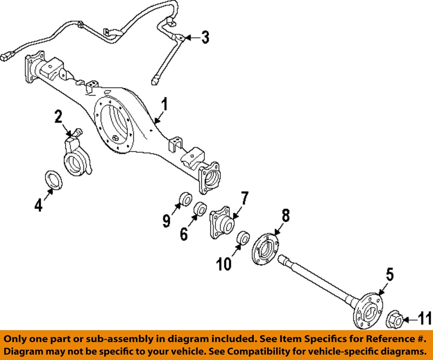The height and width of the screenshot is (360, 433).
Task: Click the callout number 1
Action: pyautogui.click(x=165, y=105)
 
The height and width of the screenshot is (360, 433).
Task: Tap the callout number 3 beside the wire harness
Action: pyautogui.click(x=204, y=38)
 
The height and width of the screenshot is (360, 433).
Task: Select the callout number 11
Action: pyautogui.click(x=424, y=319)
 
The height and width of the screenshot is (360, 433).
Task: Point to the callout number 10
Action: pyautogui.click(x=224, y=264)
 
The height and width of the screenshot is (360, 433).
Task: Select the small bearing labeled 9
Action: pyautogui.click(x=186, y=199)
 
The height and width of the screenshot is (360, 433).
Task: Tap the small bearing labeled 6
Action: pyautogui.click(x=200, y=209)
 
